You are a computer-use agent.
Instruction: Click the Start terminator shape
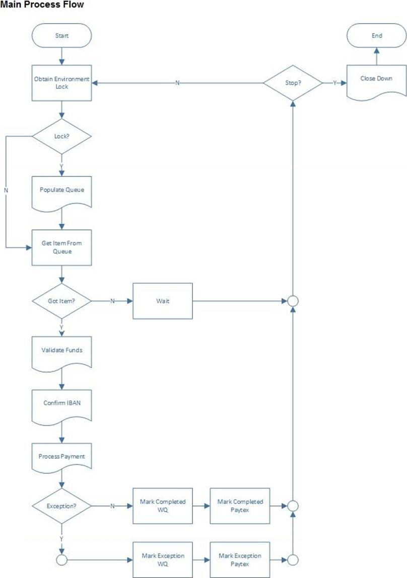click(x=61, y=36)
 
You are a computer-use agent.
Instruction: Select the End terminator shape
click(x=377, y=36)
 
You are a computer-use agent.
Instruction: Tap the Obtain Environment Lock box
click(x=61, y=82)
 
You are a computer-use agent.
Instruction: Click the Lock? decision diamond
click(x=61, y=136)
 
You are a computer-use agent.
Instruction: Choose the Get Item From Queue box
click(x=61, y=247)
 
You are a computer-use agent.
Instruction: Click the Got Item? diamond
click(x=61, y=301)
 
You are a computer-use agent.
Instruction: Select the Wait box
click(x=163, y=301)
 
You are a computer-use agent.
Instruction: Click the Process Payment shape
click(x=61, y=457)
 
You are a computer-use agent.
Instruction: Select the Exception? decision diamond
click(x=61, y=506)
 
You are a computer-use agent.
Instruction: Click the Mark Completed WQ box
click(x=163, y=505)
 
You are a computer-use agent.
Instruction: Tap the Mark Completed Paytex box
click(x=240, y=505)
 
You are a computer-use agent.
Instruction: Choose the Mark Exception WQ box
click(x=163, y=559)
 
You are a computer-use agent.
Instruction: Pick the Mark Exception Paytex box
click(x=240, y=559)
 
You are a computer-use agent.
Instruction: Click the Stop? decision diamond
click(x=293, y=82)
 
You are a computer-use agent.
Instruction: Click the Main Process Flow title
click(x=42, y=5)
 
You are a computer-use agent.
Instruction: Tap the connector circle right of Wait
click(x=293, y=302)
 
